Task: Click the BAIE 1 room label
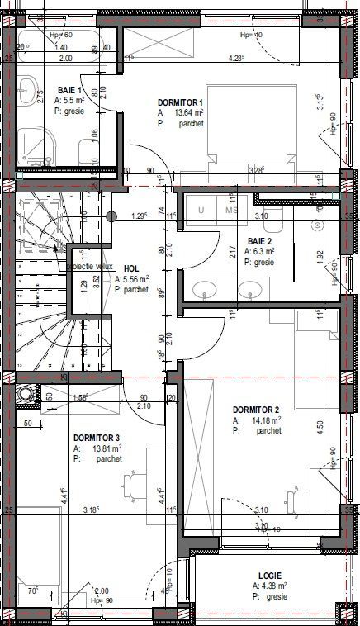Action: click(70, 90)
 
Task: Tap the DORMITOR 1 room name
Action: click(187, 103)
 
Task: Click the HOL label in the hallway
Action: click(131, 268)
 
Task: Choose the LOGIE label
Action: click(269, 576)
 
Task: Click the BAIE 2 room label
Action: click(261, 242)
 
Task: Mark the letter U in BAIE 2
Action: click(200, 211)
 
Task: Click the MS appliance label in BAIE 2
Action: click(232, 211)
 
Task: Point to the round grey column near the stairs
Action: click(111, 216)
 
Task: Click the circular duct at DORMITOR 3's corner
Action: click(27, 393)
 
